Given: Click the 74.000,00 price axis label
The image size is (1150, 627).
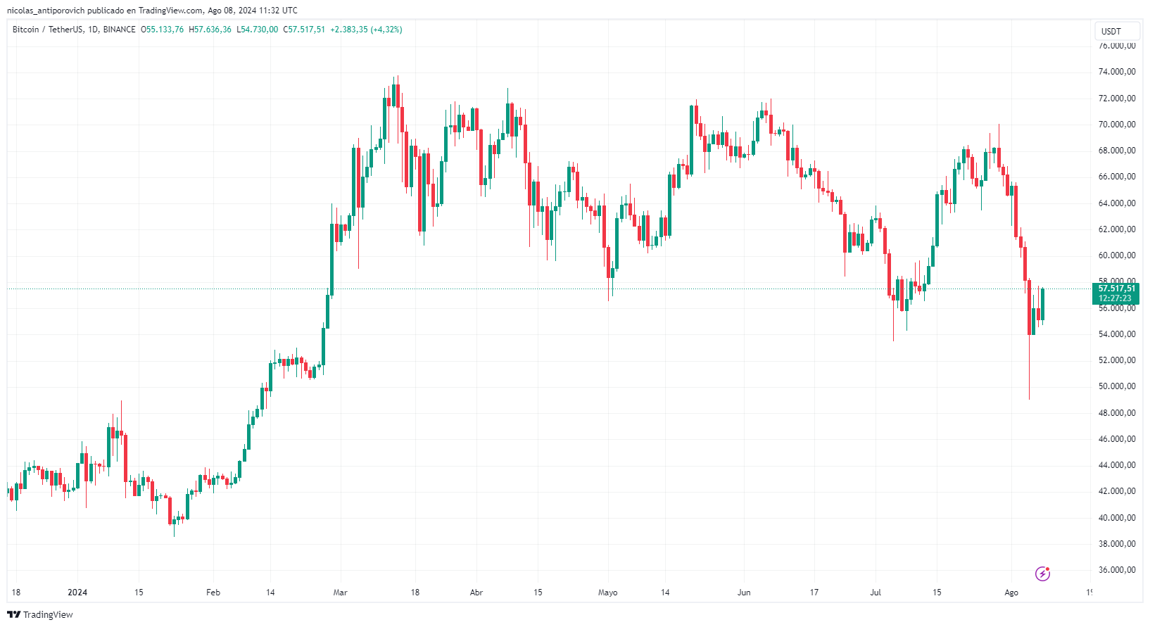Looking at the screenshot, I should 1116,72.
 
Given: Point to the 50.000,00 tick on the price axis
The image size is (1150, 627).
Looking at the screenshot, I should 1116,386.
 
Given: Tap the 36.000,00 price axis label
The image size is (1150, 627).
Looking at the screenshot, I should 1116,570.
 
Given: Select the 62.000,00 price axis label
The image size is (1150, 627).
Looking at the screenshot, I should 1116,229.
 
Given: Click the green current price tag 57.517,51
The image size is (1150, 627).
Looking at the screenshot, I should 1116,289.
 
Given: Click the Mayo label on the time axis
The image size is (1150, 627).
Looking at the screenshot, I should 607,593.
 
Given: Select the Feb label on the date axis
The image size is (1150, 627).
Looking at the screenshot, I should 213,593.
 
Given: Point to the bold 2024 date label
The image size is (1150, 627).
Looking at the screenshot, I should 77,593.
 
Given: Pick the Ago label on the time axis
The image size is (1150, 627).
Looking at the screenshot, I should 1011,593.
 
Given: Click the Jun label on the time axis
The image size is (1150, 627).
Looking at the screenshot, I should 744,593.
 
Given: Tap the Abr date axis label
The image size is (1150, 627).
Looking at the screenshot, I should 476,593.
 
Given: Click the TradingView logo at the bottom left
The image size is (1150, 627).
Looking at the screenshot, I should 40,614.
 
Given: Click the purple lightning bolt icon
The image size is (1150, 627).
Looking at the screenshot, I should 1042,574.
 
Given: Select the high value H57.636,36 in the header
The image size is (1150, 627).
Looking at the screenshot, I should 210,30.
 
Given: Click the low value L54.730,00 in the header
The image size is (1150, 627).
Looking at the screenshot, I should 257,30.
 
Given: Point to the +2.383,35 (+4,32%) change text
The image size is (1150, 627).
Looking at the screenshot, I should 366,30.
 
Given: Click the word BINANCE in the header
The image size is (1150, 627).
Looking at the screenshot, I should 119,30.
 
